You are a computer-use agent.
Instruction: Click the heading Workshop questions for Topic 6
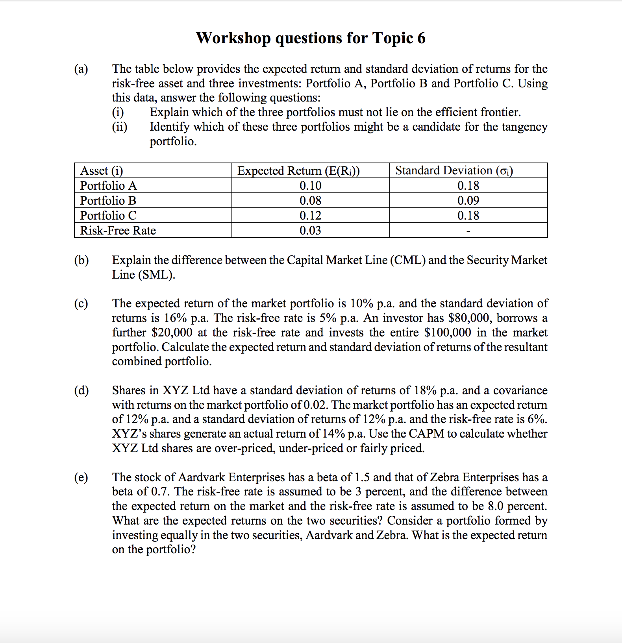point(311,38)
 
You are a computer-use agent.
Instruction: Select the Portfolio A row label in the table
point(109,185)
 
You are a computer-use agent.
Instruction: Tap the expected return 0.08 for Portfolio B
point(310,200)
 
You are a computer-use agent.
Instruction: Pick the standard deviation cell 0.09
point(468,200)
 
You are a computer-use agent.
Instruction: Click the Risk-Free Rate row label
point(118,230)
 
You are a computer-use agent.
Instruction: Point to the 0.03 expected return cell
point(310,230)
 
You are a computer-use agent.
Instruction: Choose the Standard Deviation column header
point(454,170)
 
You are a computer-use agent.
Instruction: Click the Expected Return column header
point(298,170)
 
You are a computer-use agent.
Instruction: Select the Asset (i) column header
point(102,170)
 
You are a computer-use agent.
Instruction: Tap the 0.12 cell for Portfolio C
point(310,215)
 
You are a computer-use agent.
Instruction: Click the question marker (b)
point(81,260)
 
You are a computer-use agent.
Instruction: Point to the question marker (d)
point(81,390)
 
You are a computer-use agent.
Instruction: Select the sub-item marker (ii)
point(120,127)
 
